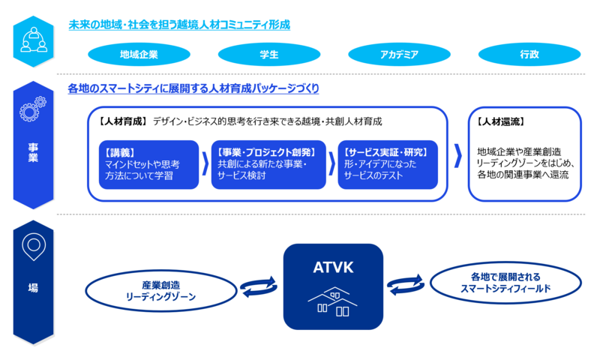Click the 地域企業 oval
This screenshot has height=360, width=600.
(x=138, y=54)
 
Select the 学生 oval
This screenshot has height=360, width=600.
(x=268, y=54)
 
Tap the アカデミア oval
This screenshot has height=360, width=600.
(x=399, y=54)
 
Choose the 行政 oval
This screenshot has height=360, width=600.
(x=529, y=54)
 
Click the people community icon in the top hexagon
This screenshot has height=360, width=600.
(x=34, y=39)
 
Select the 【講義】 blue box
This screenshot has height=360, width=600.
(x=148, y=164)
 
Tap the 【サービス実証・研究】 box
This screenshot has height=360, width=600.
(x=388, y=164)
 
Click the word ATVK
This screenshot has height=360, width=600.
(x=333, y=265)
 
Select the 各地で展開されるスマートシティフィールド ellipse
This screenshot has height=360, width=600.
(x=505, y=282)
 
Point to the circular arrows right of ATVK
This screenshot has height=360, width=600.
(x=405, y=284)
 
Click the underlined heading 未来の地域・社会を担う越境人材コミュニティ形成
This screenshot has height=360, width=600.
(x=178, y=25)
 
